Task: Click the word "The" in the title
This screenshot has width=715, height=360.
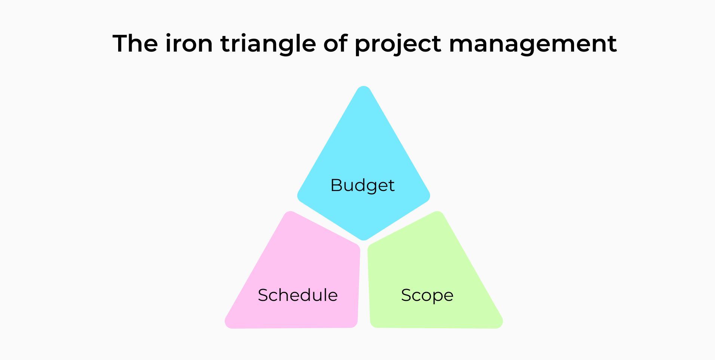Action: coord(135,43)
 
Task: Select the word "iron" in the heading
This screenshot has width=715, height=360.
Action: coord(189,43)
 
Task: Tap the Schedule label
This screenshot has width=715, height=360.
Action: coord(298,295)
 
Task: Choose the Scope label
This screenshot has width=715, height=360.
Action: coord(427,296)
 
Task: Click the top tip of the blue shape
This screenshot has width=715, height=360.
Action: coord(363,87)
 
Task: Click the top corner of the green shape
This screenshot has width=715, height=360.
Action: coord(438,212)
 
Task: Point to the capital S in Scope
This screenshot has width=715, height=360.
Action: coord(406,295)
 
